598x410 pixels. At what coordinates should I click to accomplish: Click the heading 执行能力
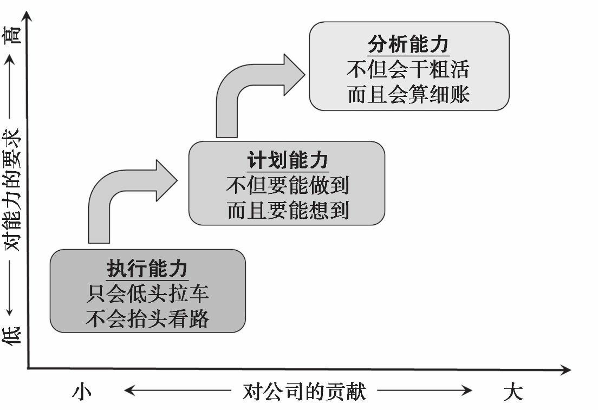point(147,269)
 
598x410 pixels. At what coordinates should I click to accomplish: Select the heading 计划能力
point(288,161)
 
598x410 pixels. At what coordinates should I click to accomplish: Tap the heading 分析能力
point(408,44)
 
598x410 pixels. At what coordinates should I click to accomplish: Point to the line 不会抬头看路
point(147,319)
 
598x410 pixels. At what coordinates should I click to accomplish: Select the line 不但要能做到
point(288,186)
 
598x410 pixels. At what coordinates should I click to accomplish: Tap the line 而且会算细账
point(408,95)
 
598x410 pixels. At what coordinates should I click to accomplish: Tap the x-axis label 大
point(512,391)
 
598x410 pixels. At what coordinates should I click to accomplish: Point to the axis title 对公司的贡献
point(304,391)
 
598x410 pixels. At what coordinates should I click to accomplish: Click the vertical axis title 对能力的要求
point(14,190)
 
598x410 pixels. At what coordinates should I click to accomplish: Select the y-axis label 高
point(14,36)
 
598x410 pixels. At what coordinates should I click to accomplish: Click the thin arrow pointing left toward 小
point(179,391)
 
